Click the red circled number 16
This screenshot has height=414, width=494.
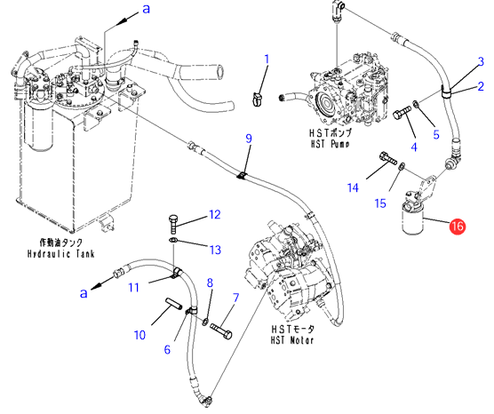click(458, 226)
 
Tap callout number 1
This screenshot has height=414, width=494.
click(267, 60)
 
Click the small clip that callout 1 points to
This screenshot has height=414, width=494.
click(258, 99)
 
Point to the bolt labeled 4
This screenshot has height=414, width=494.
click(402, 113)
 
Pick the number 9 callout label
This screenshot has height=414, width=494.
click(249, 139)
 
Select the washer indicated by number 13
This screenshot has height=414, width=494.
click(173, 241)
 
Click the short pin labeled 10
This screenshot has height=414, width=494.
click(173, 302)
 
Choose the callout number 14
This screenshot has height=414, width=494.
click(353, 187)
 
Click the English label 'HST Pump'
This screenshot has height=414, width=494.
click(330, 144)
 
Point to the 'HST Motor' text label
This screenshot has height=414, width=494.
click(291, 340)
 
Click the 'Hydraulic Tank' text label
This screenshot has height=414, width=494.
click(60, 253)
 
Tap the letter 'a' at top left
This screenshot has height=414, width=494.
click(147, 9)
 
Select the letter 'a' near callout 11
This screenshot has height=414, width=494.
click(84, 293)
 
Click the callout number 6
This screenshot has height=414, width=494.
click(167, 349)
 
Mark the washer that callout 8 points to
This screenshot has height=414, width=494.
click(205, 322)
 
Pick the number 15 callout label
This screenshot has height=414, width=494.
click(380, 203)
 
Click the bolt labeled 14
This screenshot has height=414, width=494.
click(388, 158)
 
